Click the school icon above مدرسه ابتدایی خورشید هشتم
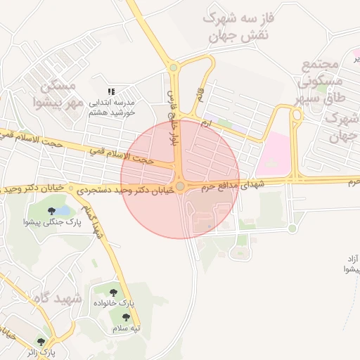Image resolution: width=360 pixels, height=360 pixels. point(110,91)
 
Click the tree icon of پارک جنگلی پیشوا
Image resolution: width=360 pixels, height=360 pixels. point(51,210)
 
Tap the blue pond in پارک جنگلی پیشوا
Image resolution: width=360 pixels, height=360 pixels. point(63,210)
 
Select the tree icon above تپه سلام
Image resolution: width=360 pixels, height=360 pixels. point(127,318)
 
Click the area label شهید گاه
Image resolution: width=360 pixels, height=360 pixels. point(57,299)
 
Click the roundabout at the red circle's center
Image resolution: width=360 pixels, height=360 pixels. point(181,186)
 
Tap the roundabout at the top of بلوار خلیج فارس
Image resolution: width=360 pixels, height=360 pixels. point(173,67)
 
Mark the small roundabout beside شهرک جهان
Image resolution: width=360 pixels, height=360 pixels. point(295,114)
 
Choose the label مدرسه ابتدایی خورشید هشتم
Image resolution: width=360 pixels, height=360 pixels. point(116,108)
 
